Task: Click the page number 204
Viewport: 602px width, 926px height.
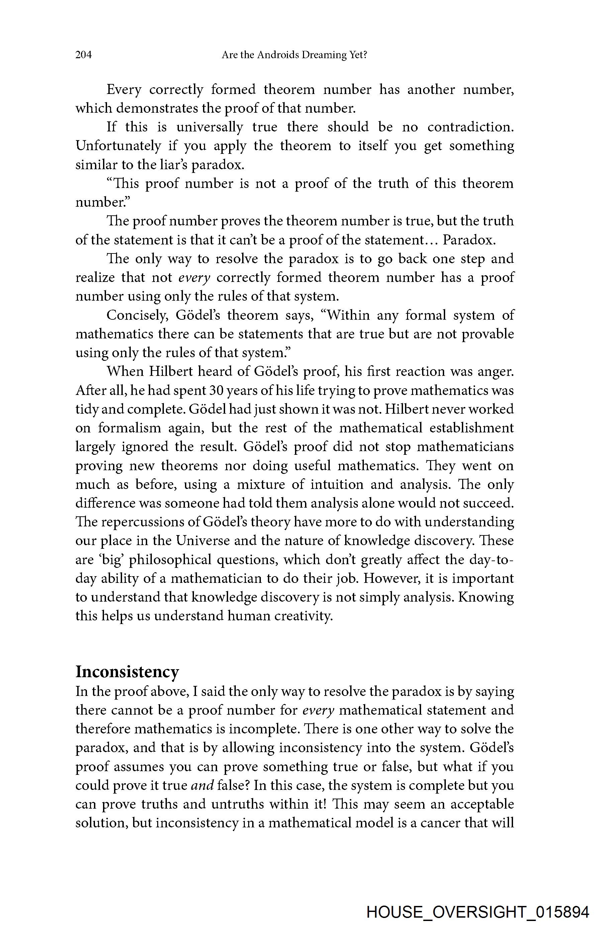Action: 84,55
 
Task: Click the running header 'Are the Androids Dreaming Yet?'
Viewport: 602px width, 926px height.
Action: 294,55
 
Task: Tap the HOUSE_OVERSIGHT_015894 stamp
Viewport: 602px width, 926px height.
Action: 478,912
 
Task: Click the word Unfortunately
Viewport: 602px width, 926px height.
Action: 118,146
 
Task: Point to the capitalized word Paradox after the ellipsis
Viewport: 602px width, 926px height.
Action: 469,240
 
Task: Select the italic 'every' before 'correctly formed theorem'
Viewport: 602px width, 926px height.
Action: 194,278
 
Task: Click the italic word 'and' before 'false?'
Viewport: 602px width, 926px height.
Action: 203,785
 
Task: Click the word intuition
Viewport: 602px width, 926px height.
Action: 336,484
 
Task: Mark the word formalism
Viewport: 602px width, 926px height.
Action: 129,428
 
